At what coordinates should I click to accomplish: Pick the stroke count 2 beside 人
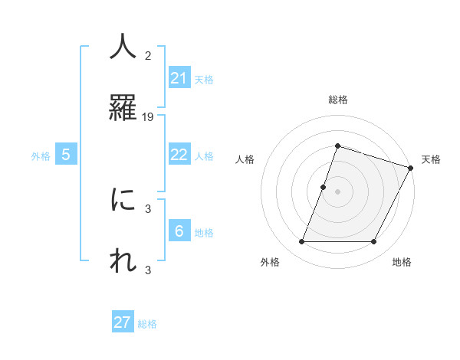148,56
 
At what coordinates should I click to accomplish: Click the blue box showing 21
179,78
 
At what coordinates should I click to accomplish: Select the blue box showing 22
179,155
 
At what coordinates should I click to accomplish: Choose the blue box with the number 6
179,231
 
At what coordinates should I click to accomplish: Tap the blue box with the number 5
66,155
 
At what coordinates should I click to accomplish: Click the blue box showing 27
123,322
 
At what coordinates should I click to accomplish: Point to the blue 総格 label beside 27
147,324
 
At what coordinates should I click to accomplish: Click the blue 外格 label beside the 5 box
41,156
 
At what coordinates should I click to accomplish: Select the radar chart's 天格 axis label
431,159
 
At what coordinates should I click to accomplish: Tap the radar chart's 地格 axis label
402,263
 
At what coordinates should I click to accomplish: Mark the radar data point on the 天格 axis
410,168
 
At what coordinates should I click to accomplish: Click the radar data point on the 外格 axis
301,242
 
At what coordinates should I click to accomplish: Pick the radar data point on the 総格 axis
337,146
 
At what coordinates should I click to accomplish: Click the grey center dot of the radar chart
337,191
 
